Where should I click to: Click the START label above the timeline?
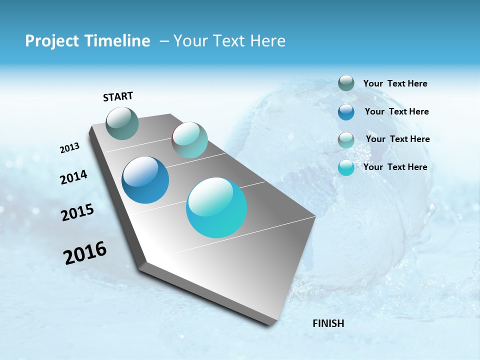[x=118, y=96]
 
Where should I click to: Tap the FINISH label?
[x=328, y=323]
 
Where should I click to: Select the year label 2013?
[x=69, y=148]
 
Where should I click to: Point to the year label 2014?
[x=73, y=177]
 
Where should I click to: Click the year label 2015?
[x=77, y=212]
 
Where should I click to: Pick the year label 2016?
[x=85, y=253]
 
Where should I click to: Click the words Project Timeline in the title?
[x=87, y=41]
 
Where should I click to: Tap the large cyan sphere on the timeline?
[x=216, y=207]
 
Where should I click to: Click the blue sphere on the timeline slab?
[x=145, y=180]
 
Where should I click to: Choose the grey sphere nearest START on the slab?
[x=122, y=123]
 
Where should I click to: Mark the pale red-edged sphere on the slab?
[x=189, y=140]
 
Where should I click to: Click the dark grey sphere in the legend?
[x=346, y=83]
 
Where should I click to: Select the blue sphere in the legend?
[x=346, y=111]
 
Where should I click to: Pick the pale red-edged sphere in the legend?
[x=346, y=139]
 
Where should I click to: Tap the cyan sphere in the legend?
[x=346, y=167]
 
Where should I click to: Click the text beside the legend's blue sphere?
[x=396, y=111]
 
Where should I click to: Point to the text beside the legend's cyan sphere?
[x=395, y=167]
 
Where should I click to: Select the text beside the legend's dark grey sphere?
[x=395, y=83]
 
